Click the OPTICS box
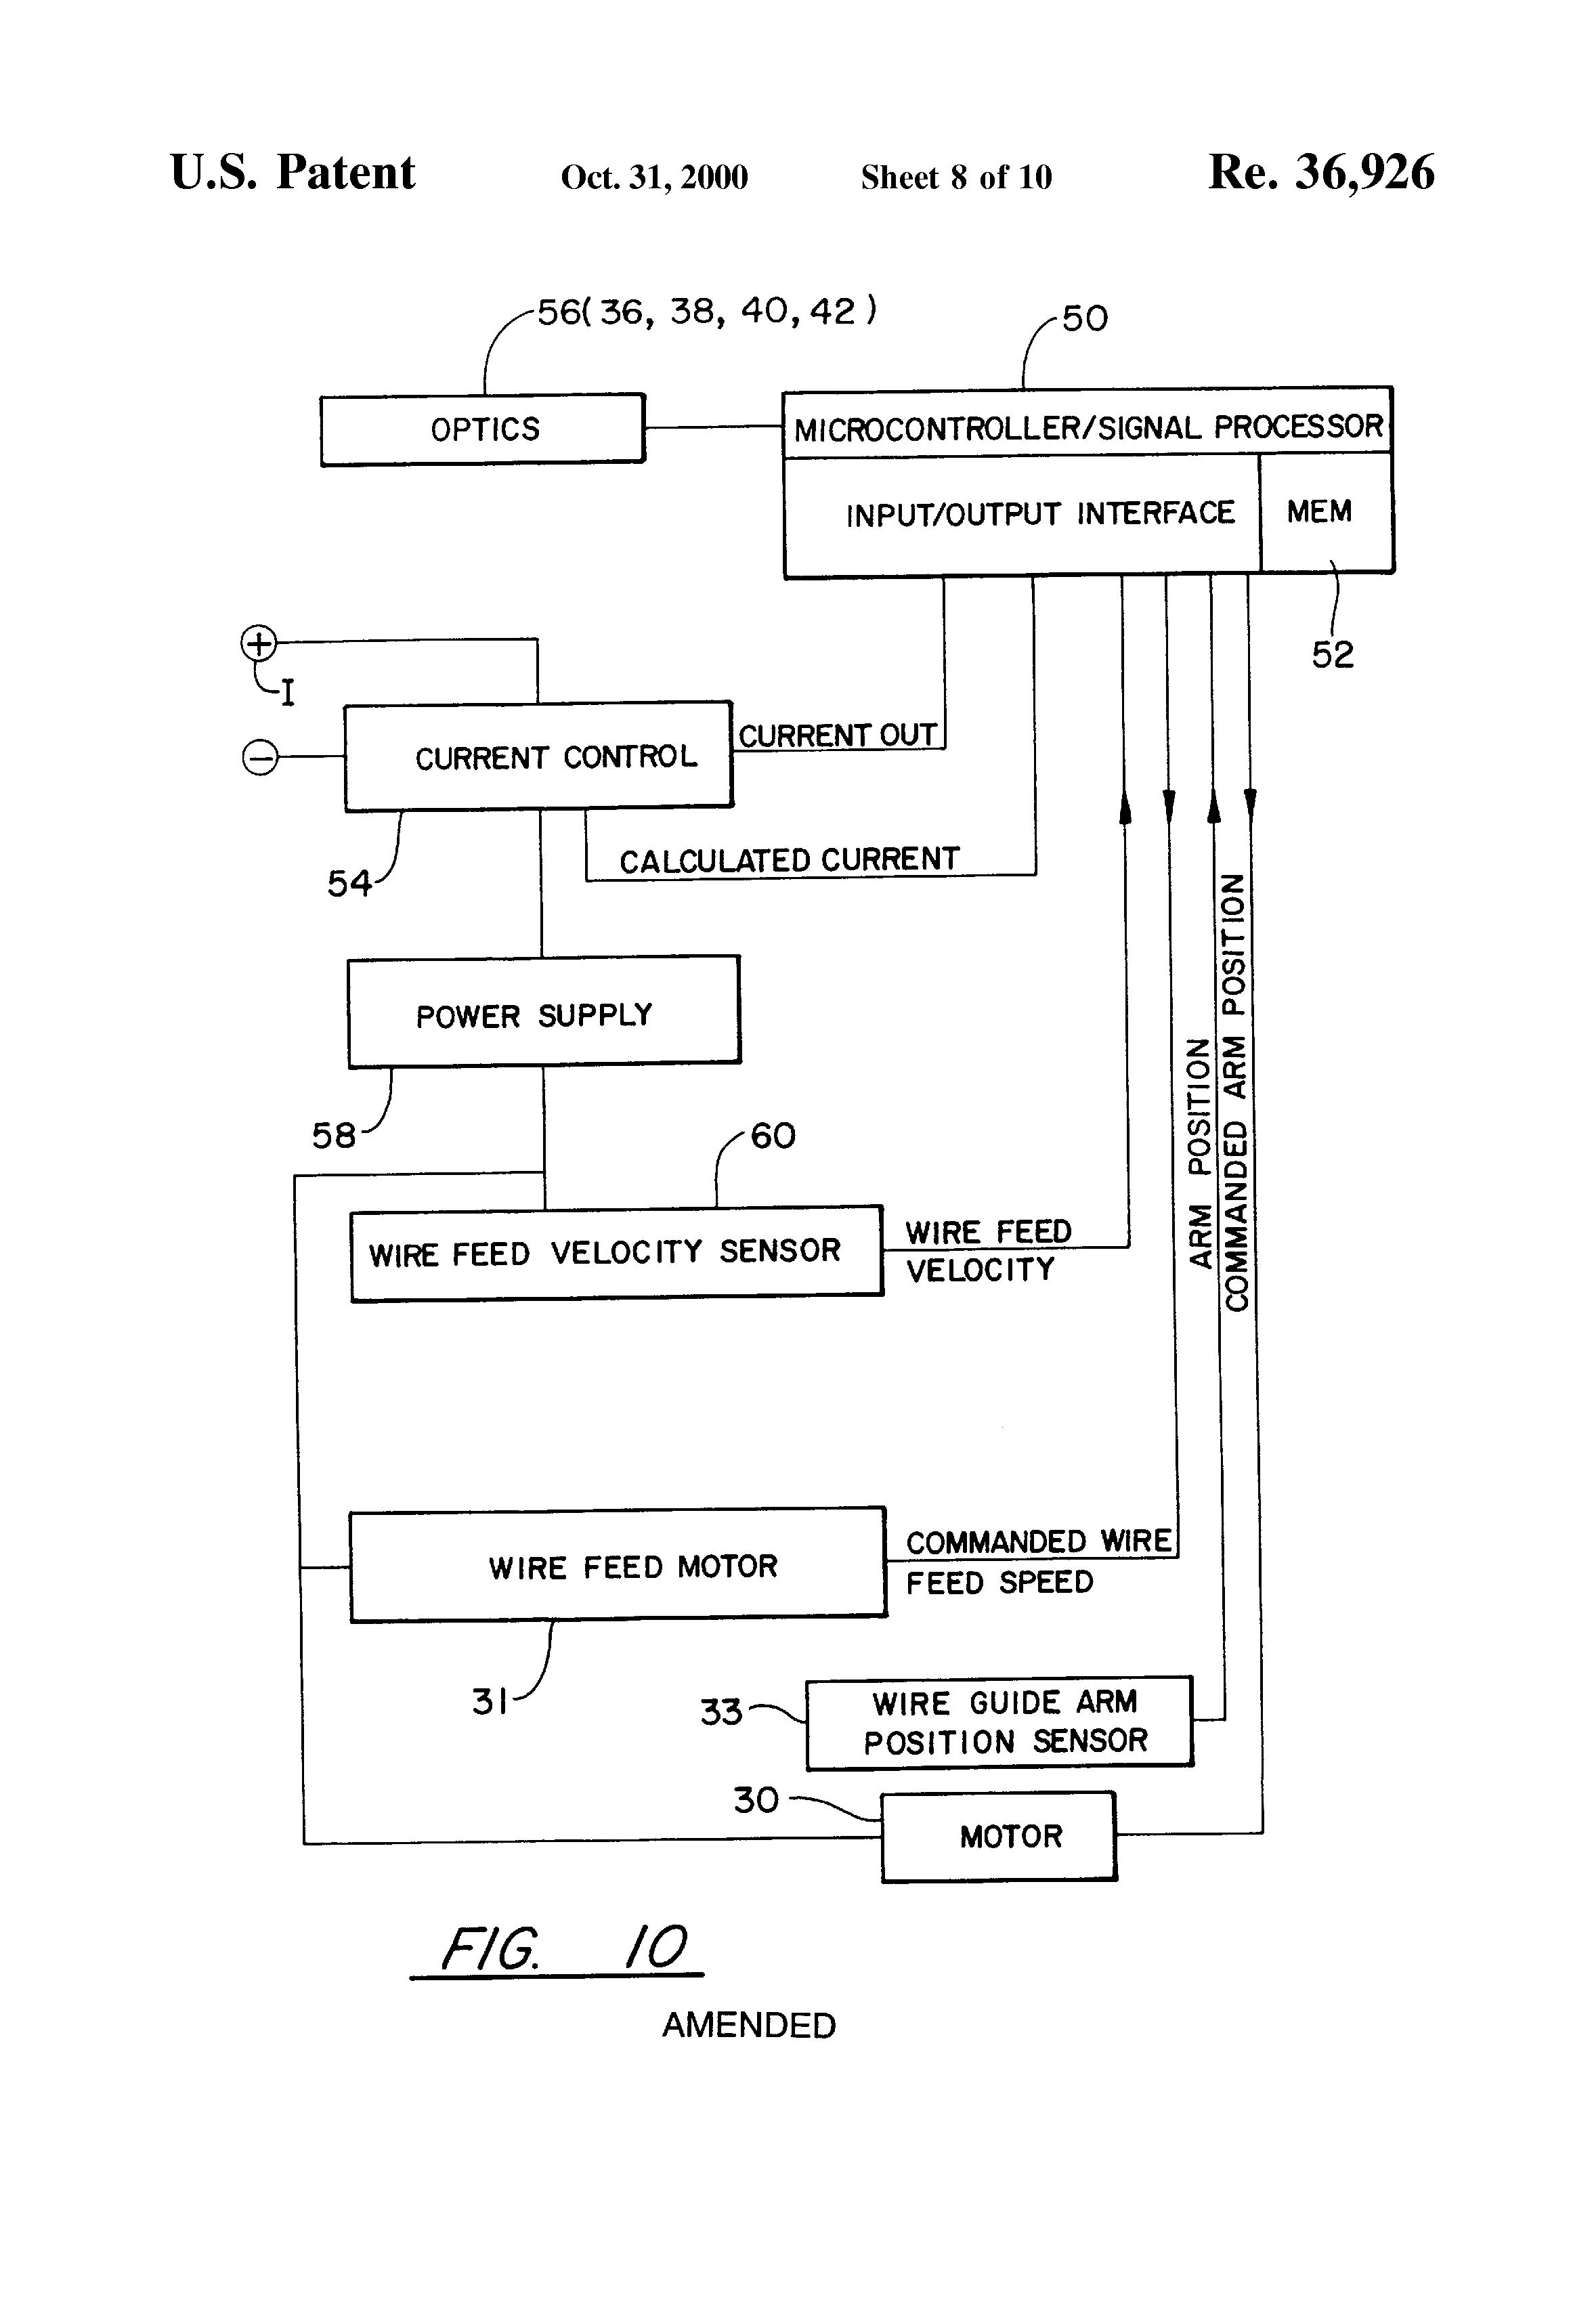pyautogui.click(x=483, y=429)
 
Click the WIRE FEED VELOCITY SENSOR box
pyautogui.click(x=616, y=1252)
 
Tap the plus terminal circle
pyautogui.click(x=258, y=643)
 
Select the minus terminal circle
pyautogui.click(x=259, y=758)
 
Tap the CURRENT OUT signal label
pyautogui.click(x=837, y=735)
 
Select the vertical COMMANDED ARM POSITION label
pyautogui.click(x=1234, y=1092)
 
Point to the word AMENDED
pyautogui.click(x=749, y=2025)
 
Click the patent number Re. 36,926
pyautogui.click(x=1320, y=173)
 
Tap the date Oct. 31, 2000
pyautogui.click(x=653, y=177)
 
